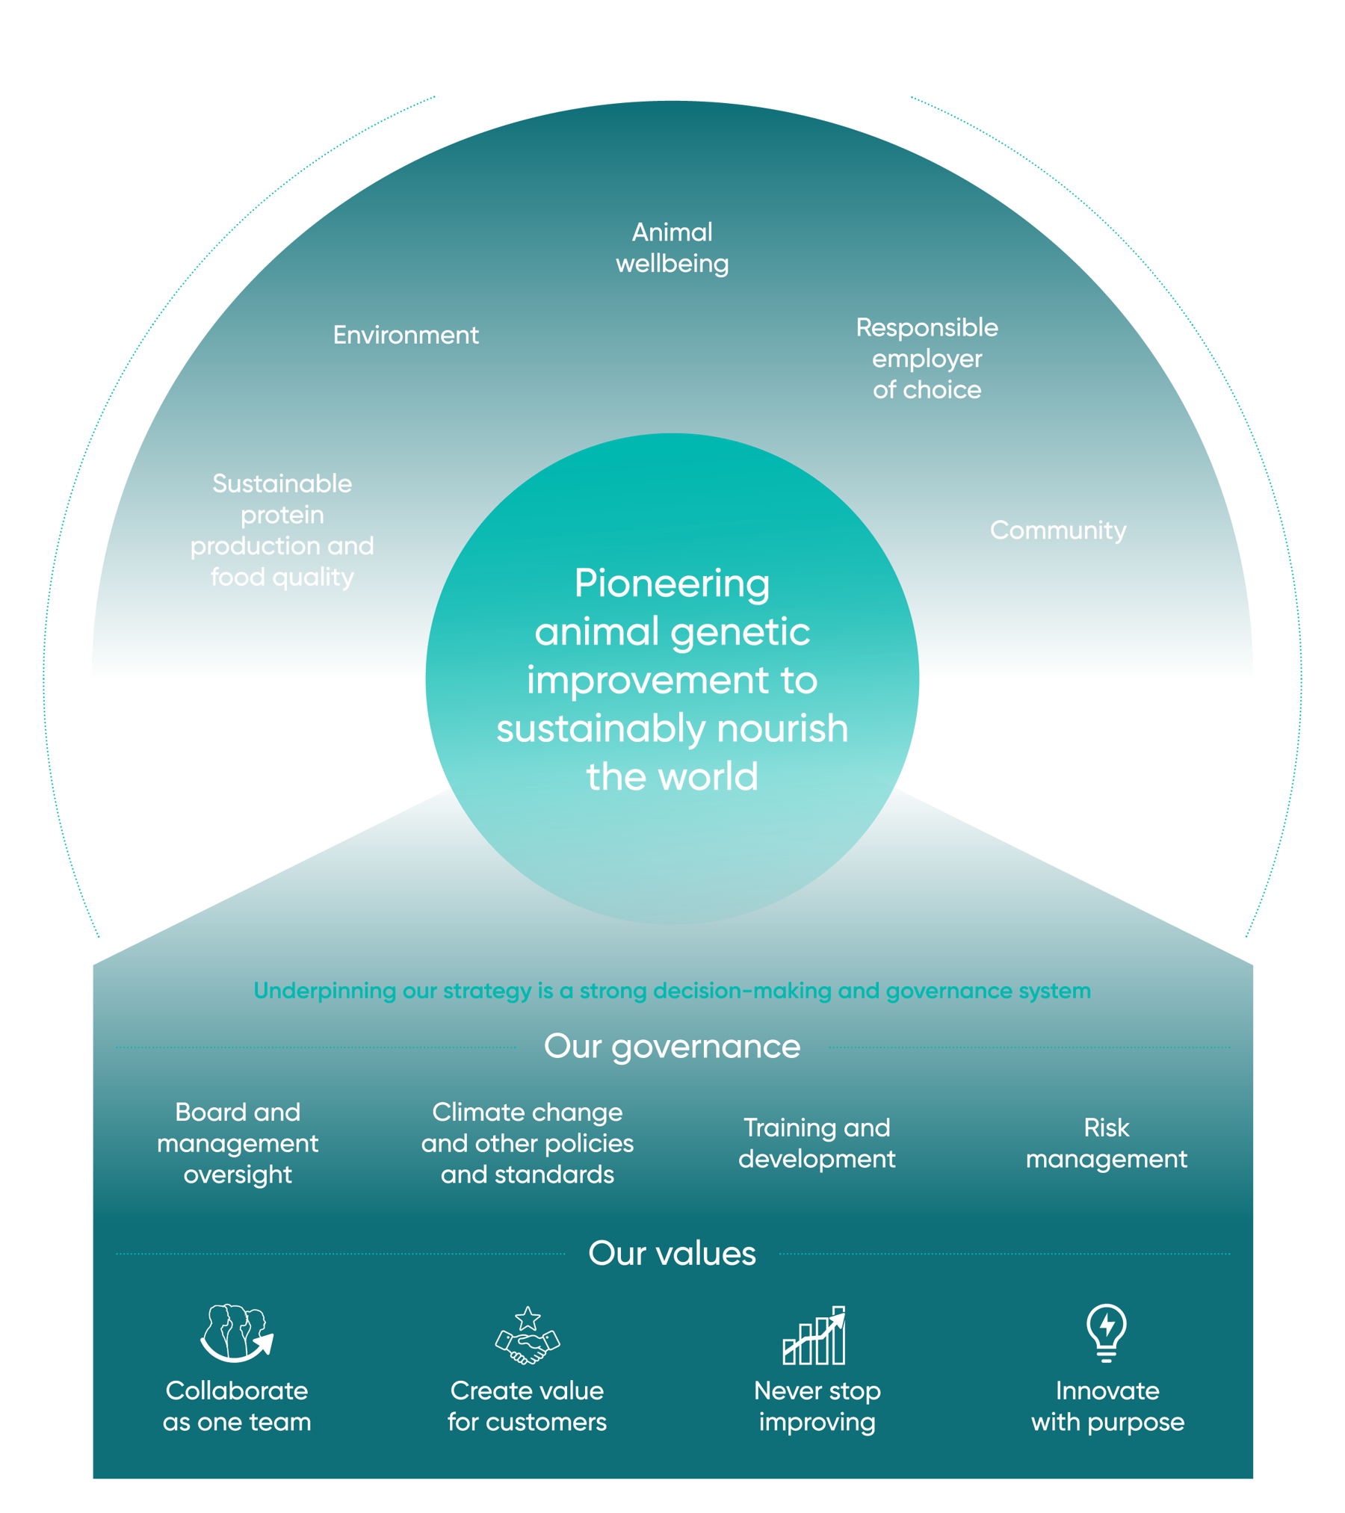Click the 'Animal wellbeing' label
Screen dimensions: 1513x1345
pos(672,248)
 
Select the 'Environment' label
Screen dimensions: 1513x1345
pos(406,335)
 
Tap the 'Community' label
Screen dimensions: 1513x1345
pos(1058,530)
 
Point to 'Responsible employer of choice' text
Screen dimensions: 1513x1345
pos(927,359)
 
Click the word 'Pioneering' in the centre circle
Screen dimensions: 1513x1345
pos(672,584)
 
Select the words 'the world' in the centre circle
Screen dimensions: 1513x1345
pos(672,777)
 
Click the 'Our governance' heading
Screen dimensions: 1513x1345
pos(672,1046)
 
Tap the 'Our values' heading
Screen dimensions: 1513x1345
pos(672,1253)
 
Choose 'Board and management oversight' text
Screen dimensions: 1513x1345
pos(238,1143)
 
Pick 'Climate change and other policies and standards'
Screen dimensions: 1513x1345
pos(527,1143)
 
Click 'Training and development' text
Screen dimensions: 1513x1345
pos(817,1143)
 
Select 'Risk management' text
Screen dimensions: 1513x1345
pos(1106,1143)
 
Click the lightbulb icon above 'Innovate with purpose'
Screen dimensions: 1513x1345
pos(1107,1332)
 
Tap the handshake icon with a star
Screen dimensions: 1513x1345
pos(528,1335)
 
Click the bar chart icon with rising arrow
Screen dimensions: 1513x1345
pos(814,1335)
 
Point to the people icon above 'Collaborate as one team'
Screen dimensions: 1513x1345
pos(237,1334)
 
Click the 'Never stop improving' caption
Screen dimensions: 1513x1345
pos(817,1406)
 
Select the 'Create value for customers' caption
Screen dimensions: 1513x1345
pos(527,1406)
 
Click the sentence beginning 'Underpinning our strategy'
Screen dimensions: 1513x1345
pos(672,991)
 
